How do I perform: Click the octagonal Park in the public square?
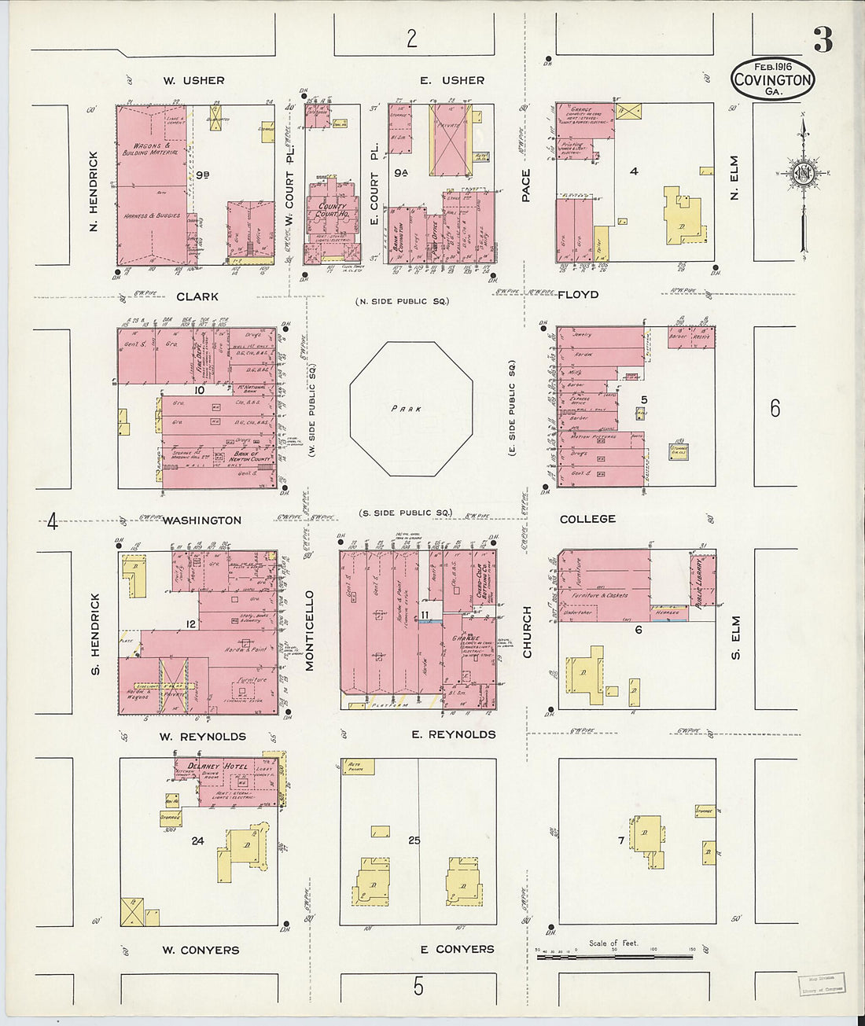[411, 409]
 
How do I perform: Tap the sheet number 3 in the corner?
[823, 39]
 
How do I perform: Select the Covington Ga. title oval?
[772, 79]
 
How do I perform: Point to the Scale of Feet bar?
[615, 952]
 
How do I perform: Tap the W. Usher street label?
[193, 80]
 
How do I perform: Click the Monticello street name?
[309, 631]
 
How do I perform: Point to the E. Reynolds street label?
[454, 734]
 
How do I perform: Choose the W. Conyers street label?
[200, 950]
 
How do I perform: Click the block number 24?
[197, 840]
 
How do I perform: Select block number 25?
[414, 840]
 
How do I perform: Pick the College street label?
[587, 519]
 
